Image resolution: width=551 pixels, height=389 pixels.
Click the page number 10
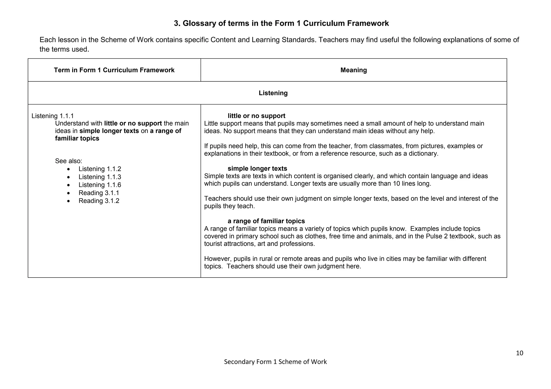click(x=519, y=353)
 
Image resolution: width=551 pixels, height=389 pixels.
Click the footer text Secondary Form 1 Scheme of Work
click(x=275, y=362)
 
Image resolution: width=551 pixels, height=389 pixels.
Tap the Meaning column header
click(x=354, y=70)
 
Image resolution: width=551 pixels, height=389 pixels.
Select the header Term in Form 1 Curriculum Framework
click(x=114, y=70)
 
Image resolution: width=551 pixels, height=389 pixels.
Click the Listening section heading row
click(x=273, y=93)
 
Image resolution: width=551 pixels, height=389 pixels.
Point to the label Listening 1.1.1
click(x=52, y=116)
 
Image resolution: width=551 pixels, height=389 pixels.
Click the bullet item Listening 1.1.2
click(x=100, y=169)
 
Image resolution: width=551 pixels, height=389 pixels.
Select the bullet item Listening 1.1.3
click(x=100, y=177)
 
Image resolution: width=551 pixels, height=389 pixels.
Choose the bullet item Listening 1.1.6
click(x=100, y=185)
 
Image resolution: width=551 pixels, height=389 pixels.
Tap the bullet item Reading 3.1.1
click(x=99, y=193)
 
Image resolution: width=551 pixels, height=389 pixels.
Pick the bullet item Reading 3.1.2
click(x=99, y=201)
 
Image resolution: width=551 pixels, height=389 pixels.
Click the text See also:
click(x=69, y=161)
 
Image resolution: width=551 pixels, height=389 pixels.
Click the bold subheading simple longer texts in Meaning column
click(x=257, y=168)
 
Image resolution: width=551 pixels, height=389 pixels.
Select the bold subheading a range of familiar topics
click(x=266, y=221)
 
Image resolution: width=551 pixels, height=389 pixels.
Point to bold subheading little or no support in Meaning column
click(x=256, y=116)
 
